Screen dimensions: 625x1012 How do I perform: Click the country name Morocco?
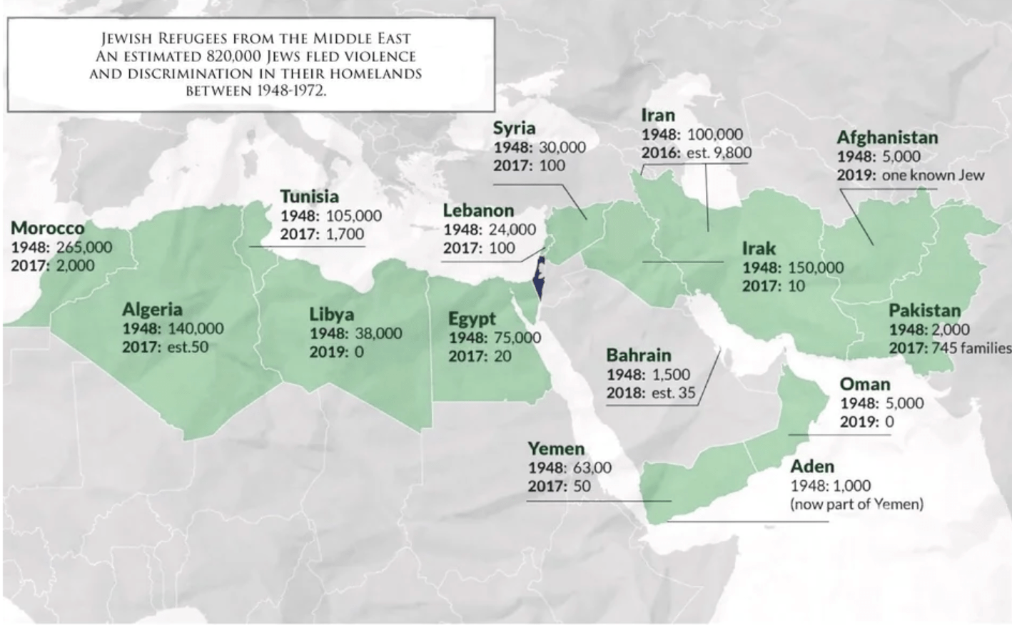(48, 228)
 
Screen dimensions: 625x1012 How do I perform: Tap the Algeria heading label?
(152, 310)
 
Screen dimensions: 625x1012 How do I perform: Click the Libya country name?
(331, 315)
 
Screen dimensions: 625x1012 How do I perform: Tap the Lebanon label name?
(478, 210)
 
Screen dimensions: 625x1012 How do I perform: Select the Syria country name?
(514, 128)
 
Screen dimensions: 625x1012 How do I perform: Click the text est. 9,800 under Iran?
(719, 153)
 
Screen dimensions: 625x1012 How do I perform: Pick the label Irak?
(759, 248)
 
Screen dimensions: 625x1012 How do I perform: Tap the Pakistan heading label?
(924, 311)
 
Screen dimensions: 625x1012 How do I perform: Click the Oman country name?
(864, 385)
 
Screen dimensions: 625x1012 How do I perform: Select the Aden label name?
(812, 467)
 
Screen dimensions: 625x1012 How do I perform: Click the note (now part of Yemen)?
(856, 504)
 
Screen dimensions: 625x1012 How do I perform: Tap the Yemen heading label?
(556, 449)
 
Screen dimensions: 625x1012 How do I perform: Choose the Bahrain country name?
(639, 355)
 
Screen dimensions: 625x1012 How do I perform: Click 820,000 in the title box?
(234, 56)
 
